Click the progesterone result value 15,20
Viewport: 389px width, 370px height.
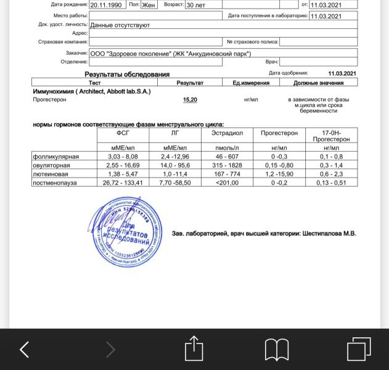click(x=190, y=100)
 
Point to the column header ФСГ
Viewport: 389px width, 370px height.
click(x=123, y=133)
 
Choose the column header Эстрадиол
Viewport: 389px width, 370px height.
click(x=227, y=133)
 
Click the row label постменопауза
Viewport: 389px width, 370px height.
click(x=55, y=183)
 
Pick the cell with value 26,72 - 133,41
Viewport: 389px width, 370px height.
click(x=123, y=183)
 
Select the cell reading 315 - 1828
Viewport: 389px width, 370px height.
click(x=227, y=166)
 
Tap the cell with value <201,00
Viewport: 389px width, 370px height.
click(x=227, y=183)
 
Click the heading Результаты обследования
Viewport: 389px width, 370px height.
click(x=127, y=75)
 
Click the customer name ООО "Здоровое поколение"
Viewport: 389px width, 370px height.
click(x=130, y=54)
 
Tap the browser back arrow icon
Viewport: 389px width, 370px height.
click(x=25, y=350)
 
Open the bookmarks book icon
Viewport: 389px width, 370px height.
click(x=277, y=350)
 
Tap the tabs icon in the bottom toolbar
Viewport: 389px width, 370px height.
click(x=359, y=349)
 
